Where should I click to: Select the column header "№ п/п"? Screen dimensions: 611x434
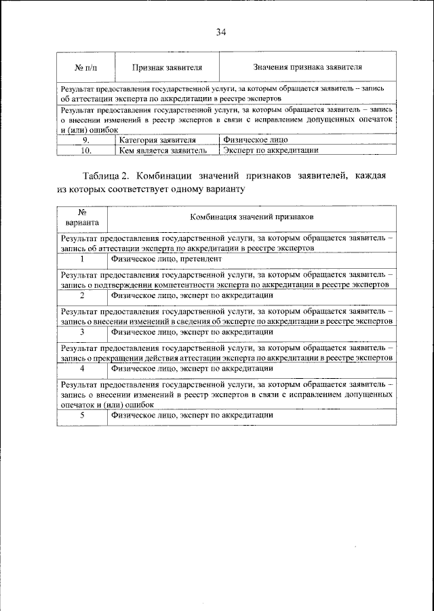[x=85, y=68]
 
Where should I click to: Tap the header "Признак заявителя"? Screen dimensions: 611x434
[x=166, y=68]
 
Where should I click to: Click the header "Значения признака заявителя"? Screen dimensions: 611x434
[x=307, y=68]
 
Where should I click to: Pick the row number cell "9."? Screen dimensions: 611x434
[x=85, y=141]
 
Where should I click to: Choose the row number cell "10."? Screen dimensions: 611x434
[x=85, y=151]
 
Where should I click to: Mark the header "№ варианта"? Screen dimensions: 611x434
[x=82, y=217]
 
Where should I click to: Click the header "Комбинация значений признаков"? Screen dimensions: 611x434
[x=251, y=217]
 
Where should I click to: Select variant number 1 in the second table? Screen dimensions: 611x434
[x=82, y=259]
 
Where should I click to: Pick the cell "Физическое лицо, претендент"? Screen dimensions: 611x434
[x=166, y=259]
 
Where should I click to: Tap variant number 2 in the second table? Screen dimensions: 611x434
[x=82, y=295]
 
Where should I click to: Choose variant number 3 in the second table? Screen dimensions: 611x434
[x=82, y=332]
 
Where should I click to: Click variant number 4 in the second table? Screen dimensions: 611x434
[x=82, y=369]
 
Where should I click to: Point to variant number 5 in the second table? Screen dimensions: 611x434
[x=82, y=414]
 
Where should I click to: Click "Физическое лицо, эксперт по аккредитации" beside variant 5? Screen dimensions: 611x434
[x=192, y=414]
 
